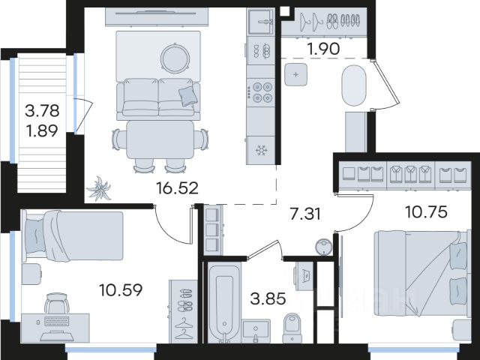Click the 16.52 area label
177,188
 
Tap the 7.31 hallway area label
305,214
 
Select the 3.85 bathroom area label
268,298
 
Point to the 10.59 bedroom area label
121,290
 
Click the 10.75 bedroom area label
426,211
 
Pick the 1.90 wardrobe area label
324,49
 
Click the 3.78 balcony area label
42,110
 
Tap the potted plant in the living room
99,188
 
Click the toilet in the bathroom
292,328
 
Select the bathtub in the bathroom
224,302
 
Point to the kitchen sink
260,22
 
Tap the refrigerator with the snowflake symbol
261,150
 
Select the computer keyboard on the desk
57,322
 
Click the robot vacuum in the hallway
323,247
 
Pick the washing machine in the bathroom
304,276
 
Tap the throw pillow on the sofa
188,95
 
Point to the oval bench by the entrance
354,85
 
